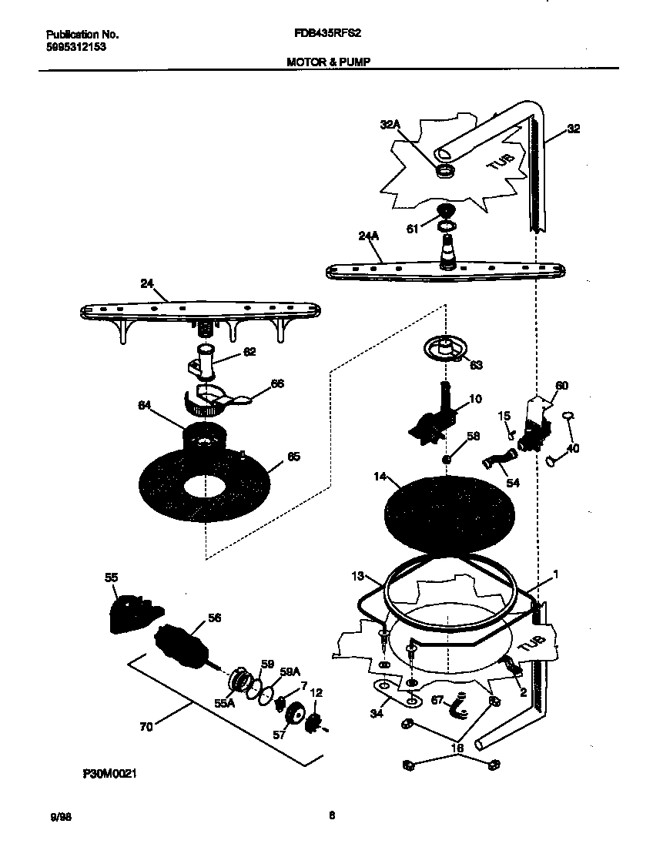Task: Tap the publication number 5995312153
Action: [x=75, y=46]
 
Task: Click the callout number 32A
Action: [x=391, y=124]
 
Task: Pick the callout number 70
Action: [x=146, y=725]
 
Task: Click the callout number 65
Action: [x=293, y=457]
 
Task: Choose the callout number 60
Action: [x=562, y=385]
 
